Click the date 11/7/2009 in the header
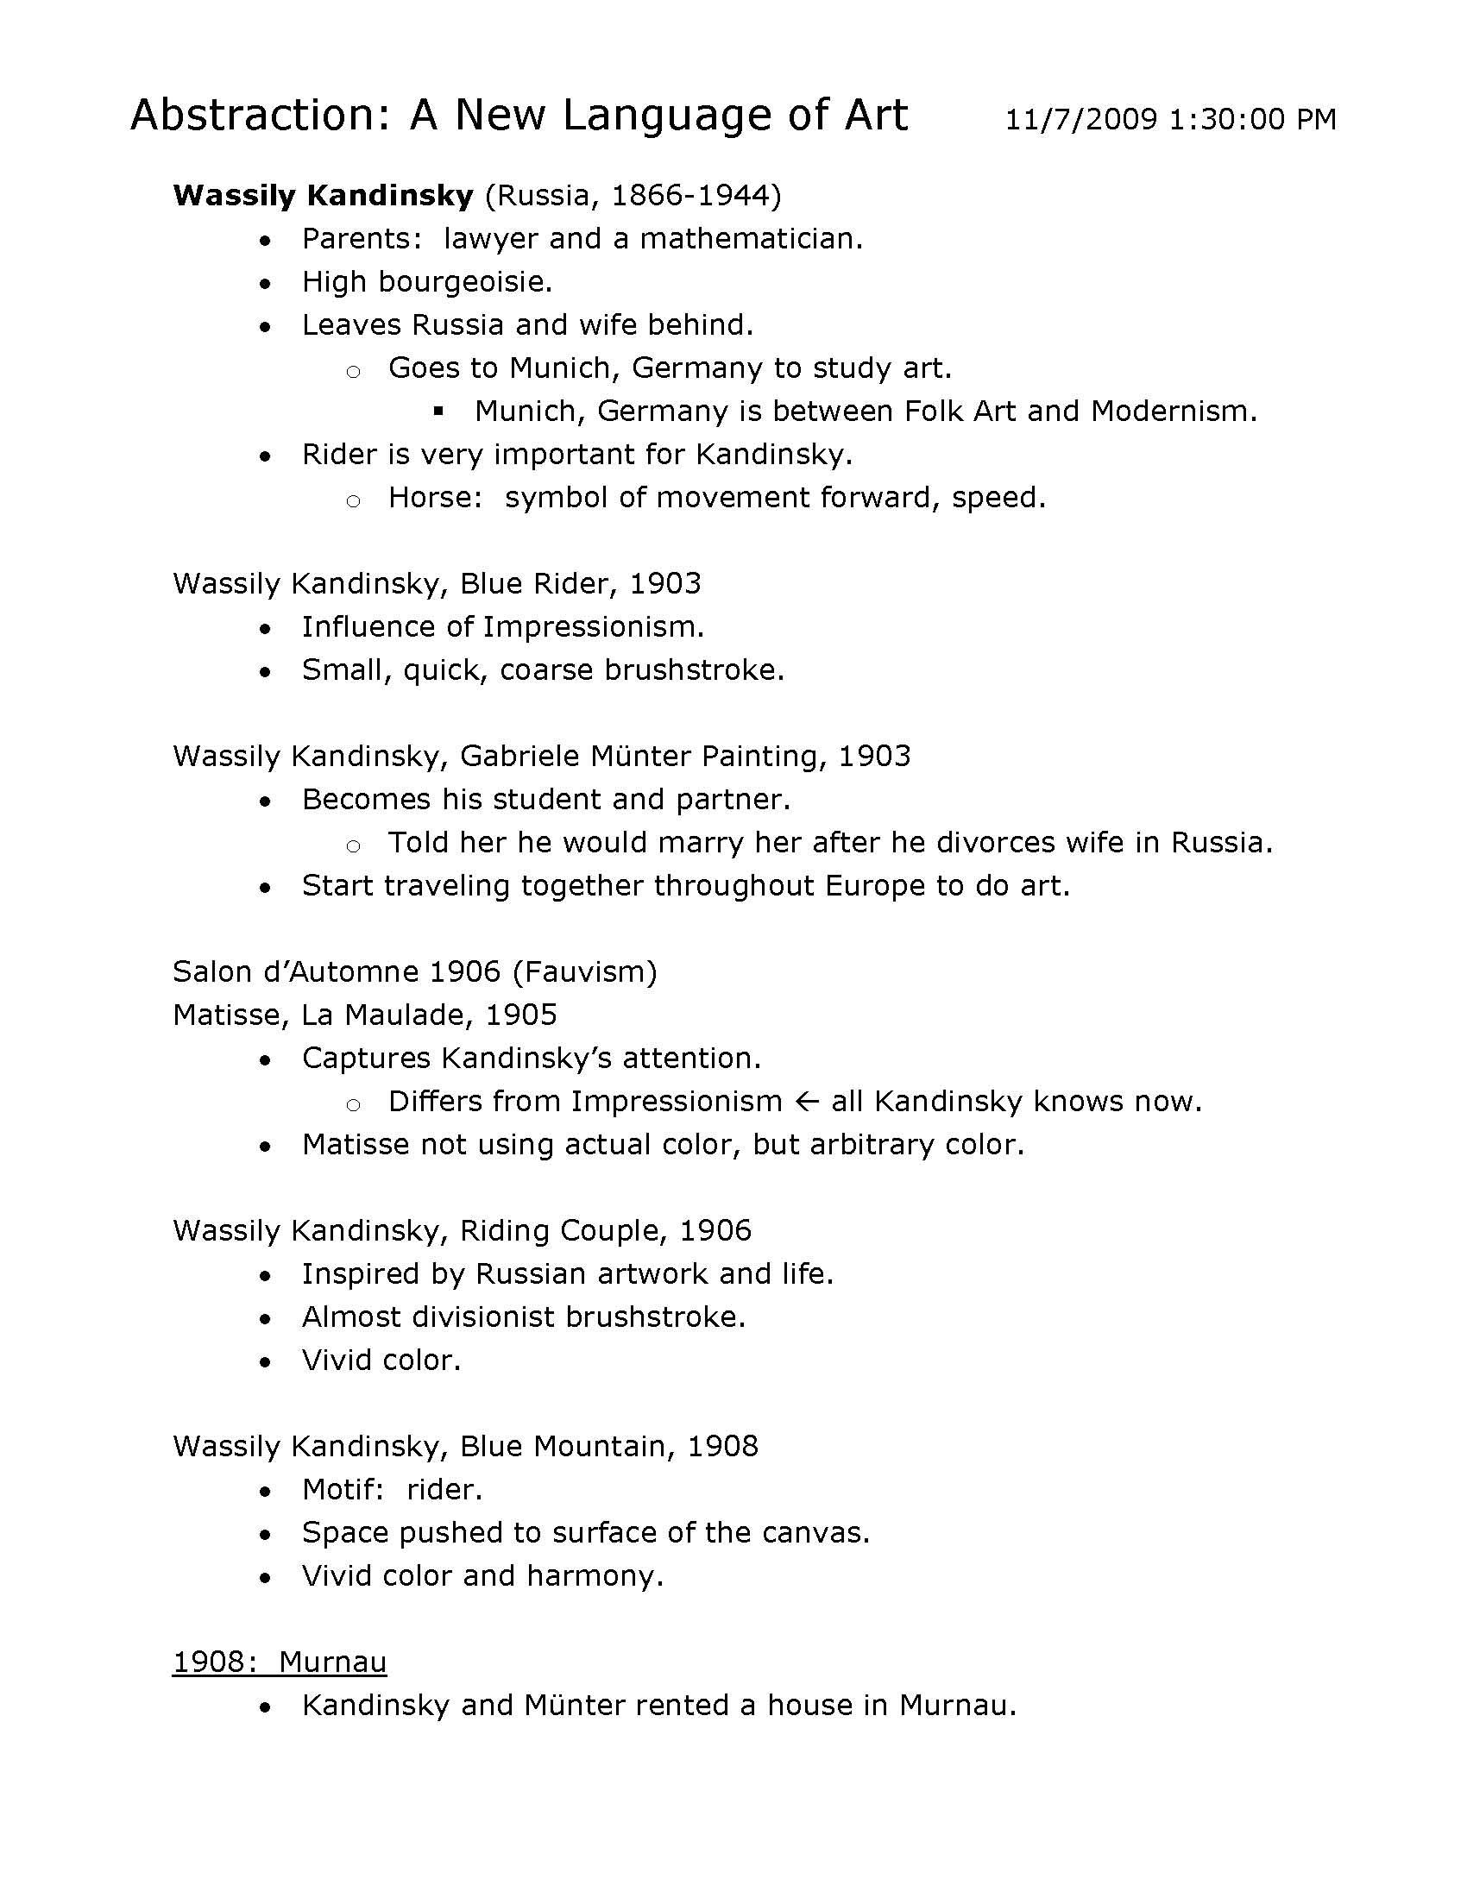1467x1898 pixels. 1080,119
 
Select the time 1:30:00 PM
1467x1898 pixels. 1252,119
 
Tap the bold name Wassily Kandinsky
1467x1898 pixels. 323,196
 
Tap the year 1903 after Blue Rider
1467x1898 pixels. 664,583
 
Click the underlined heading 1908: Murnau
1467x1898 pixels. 279,1662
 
